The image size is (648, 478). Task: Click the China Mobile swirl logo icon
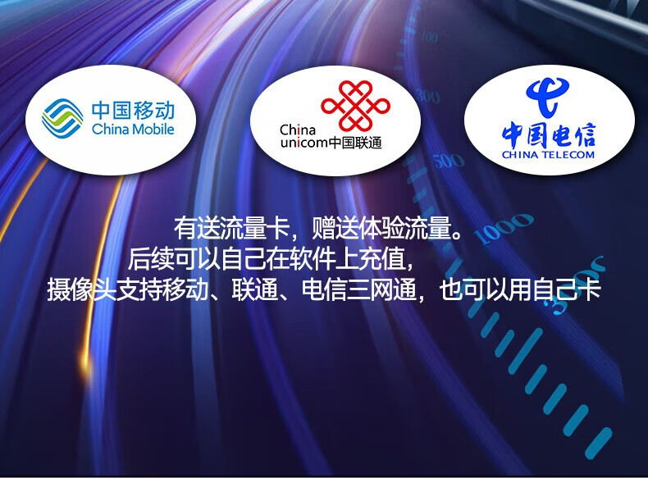coord(62,118)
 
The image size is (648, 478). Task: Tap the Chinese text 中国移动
coord(133,111)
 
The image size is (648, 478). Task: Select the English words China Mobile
coord(133,129)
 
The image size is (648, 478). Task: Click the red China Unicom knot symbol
coord(355,105)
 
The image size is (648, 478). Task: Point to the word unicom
coord(304,143)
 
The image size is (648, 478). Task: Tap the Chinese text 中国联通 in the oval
coord(355,143)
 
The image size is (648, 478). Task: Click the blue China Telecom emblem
coord(548,97)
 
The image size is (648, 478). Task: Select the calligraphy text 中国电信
coord(549,134)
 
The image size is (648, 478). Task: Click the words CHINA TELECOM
coord(549,155)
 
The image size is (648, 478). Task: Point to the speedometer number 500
coord(449,161)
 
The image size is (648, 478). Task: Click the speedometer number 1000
coord(503,228)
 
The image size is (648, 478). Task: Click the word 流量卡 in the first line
coord(254,228)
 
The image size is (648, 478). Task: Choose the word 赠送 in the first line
coord(335,228)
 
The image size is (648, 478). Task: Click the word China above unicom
coord(298,130)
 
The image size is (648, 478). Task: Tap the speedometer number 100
coord(430,37)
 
